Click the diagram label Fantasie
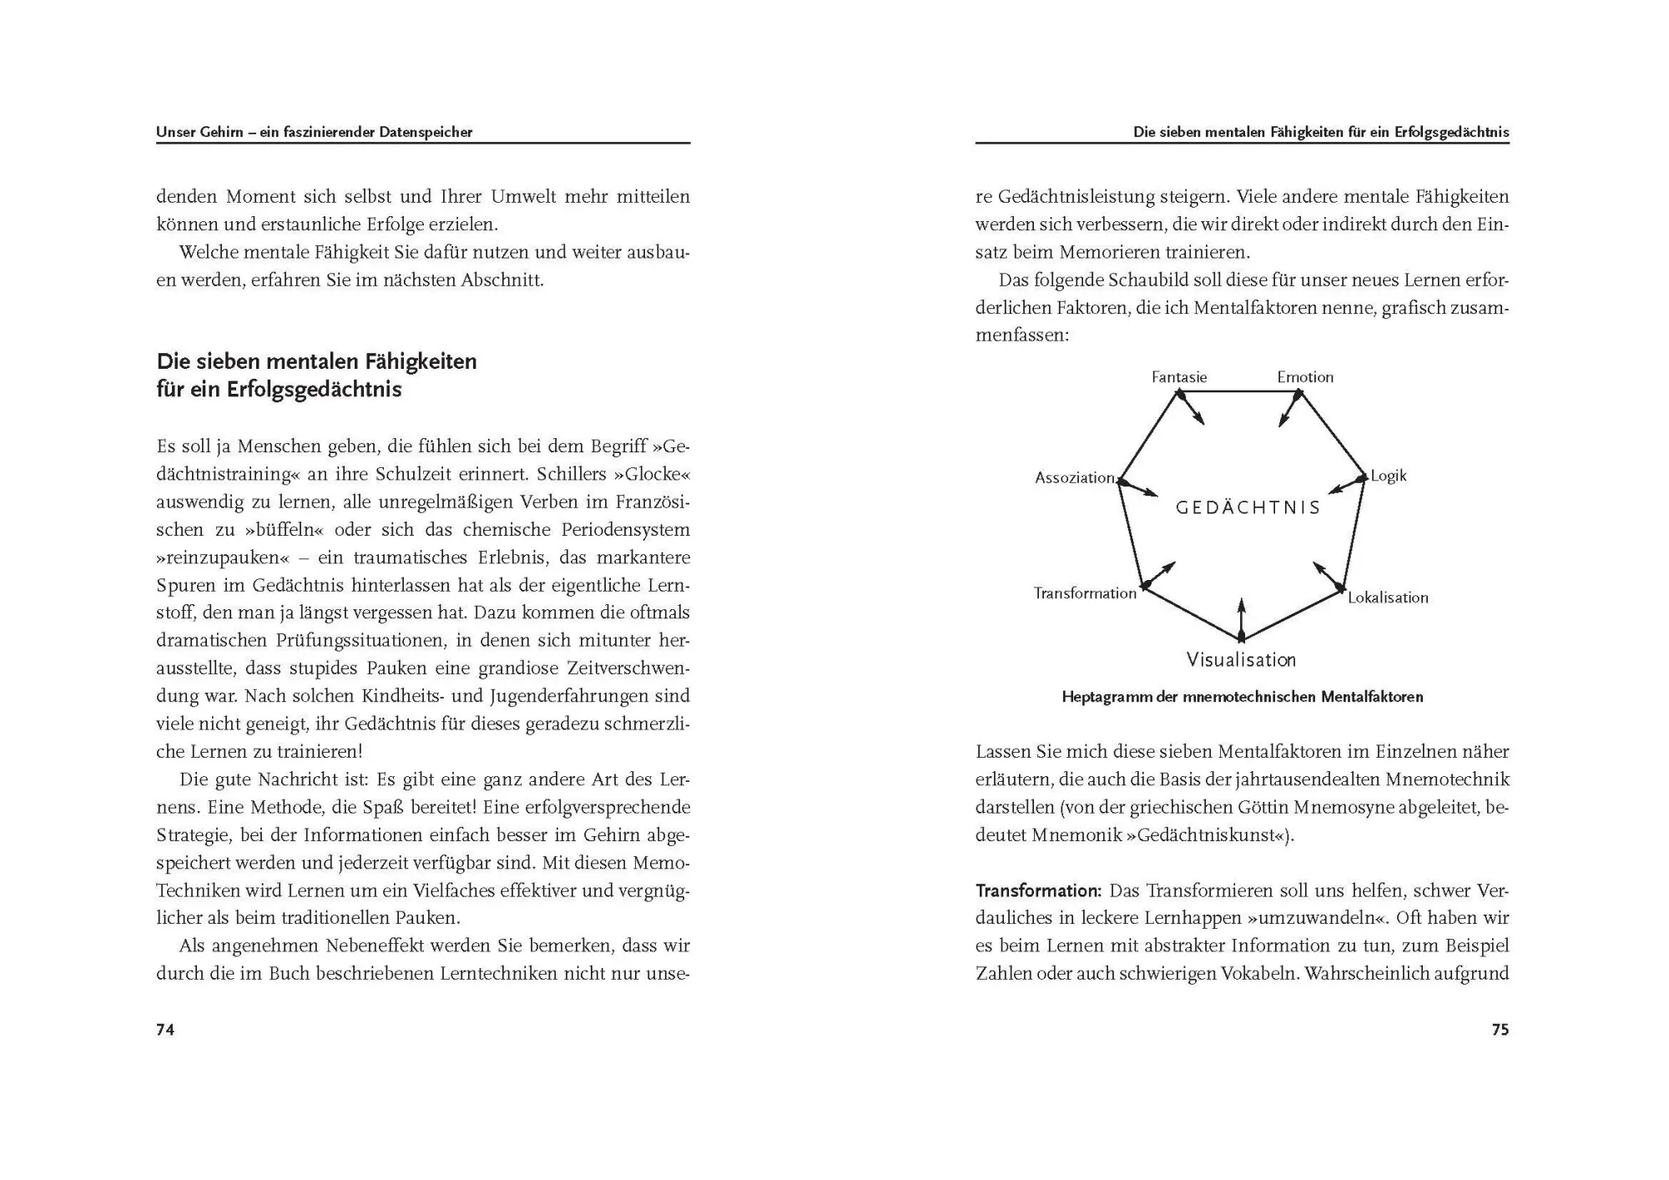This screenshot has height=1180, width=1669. (1178, 377)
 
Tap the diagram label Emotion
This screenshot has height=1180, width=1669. (1305, 377)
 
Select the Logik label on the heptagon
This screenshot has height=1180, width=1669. (1389, 476)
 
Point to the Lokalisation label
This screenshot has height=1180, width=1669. (1388, 598)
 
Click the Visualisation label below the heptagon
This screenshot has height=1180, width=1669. (1241, 660)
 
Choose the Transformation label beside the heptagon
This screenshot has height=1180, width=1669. (1085, 593)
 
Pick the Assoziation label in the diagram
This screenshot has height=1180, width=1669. (1075, 478)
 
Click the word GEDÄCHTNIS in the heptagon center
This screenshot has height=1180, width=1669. (1248, 507)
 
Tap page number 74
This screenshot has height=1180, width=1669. (165, 1030)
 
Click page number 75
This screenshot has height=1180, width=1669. (1500, 1030)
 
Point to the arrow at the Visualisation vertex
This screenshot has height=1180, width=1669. (1241, 618)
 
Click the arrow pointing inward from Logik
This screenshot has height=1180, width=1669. (1346, 485)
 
